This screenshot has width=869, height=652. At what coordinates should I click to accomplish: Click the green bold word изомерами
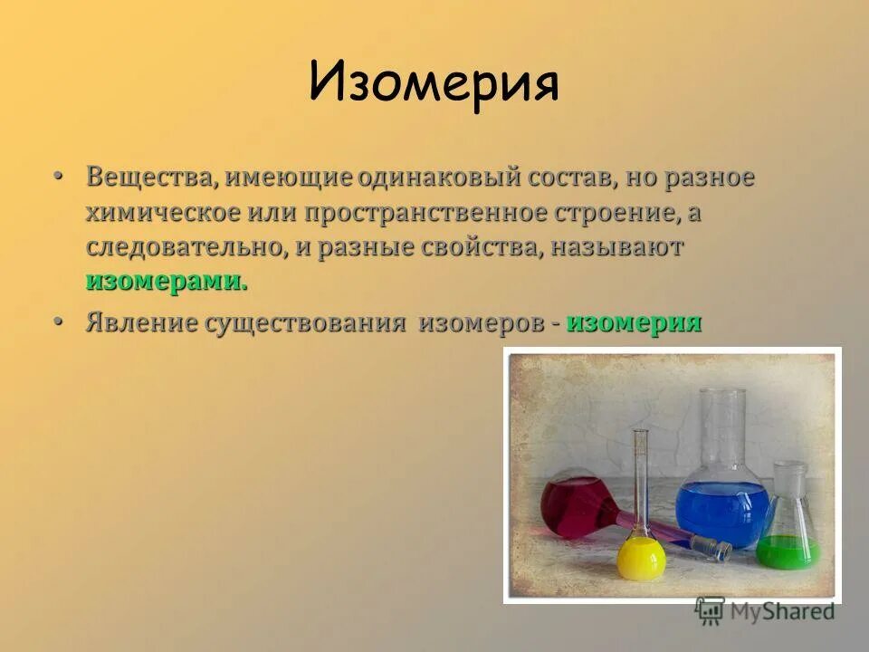point(167,282)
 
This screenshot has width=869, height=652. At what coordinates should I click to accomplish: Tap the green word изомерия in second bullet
point(634,323)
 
